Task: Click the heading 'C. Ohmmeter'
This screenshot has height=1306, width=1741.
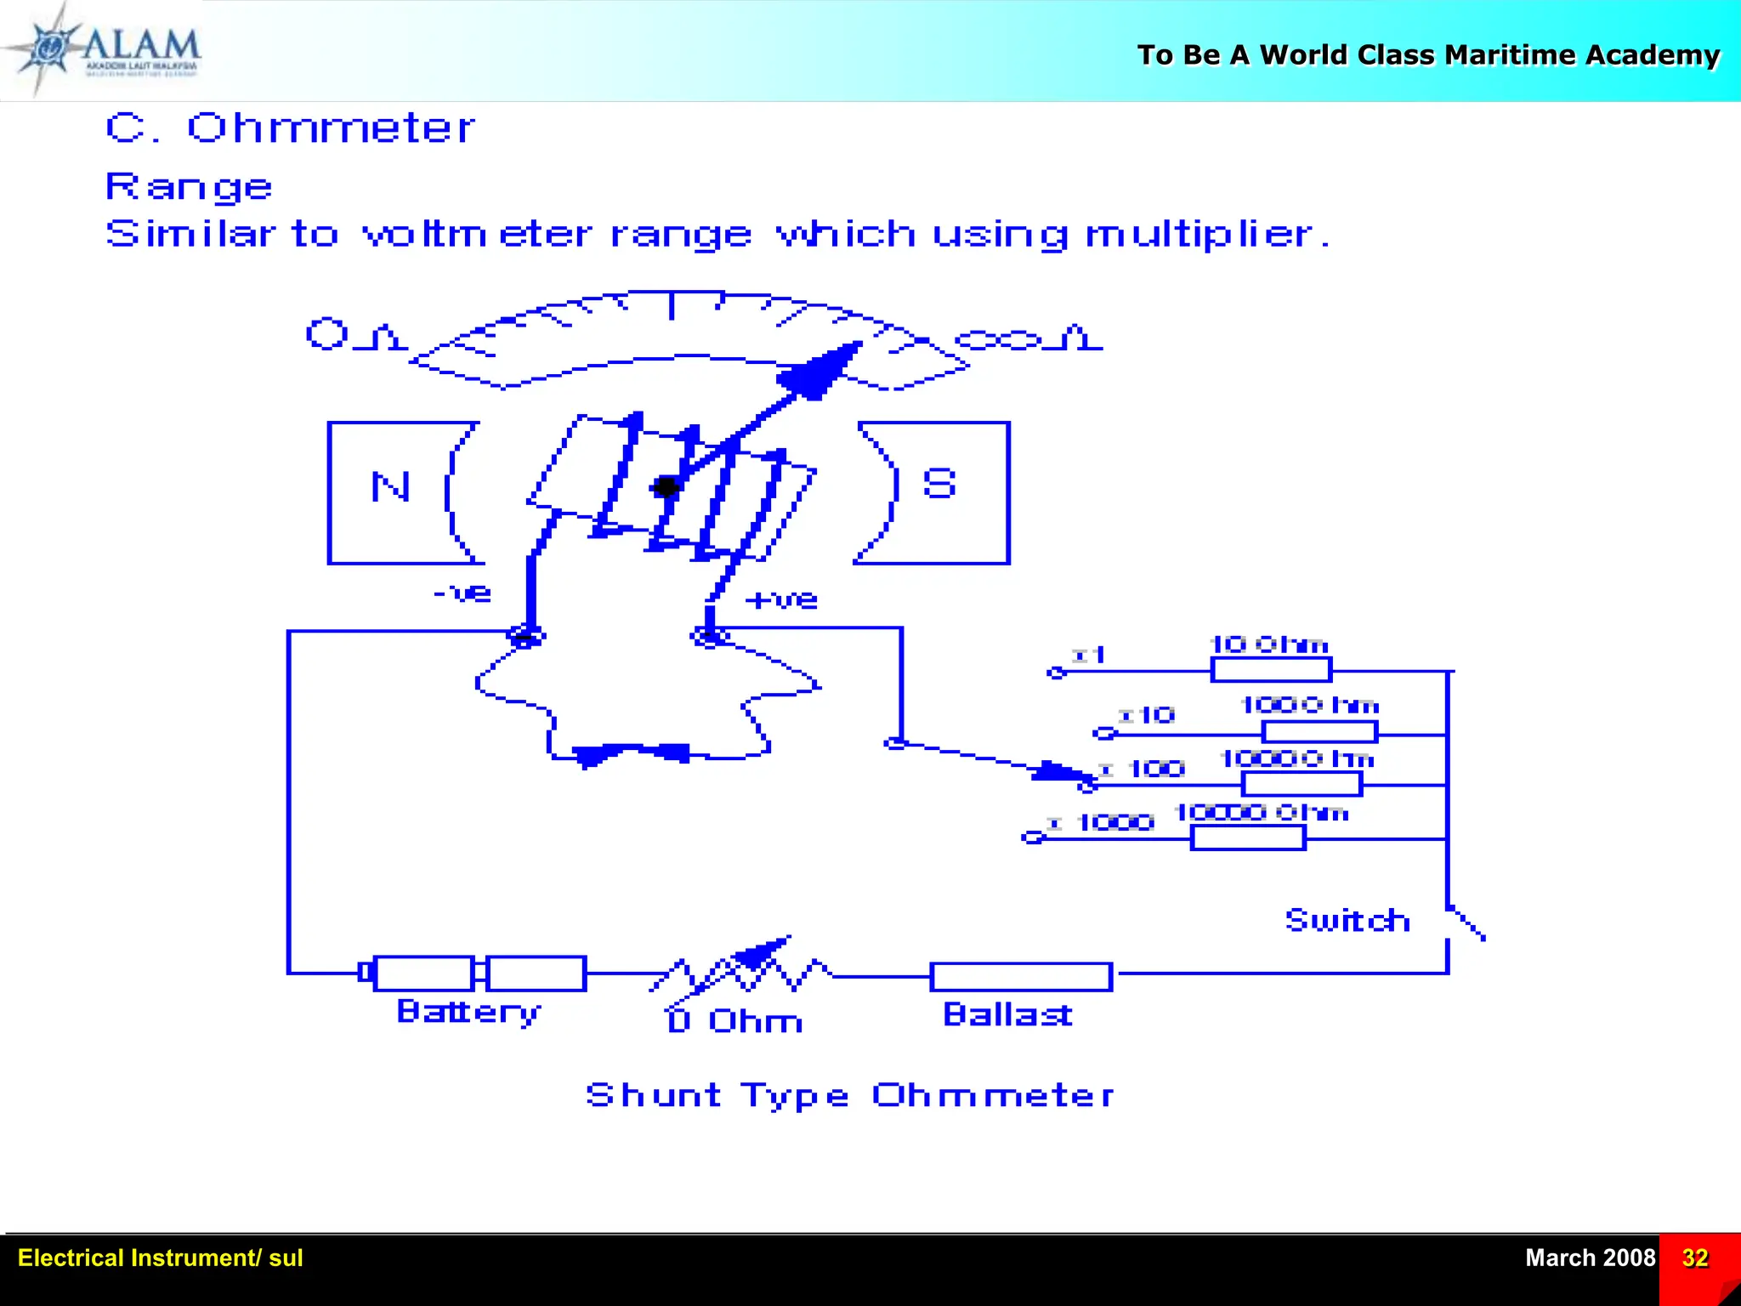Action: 289,128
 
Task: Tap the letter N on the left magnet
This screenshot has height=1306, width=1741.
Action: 391,487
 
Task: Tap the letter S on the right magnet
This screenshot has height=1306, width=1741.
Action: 939,484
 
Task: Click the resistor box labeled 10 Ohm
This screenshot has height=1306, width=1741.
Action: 1271,670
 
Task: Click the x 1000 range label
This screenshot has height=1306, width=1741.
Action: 1103,822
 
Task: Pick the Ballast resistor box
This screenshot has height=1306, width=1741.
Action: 1021,977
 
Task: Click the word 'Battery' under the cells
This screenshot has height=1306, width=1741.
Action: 468,1012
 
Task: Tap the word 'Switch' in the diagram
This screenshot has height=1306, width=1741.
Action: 1347,920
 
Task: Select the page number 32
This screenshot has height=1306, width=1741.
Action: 1695,1258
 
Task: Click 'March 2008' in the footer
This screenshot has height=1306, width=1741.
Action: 1590,1258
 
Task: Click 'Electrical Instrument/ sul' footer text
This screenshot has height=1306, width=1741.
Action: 160,1258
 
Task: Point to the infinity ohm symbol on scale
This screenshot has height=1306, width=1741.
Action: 1029,339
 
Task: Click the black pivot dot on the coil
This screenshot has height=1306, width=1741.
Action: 666,487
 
